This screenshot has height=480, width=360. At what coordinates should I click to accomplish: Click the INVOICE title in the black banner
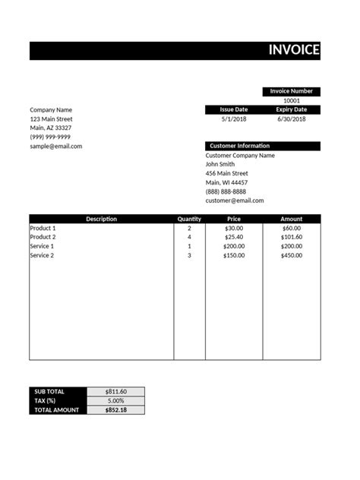(294, 51)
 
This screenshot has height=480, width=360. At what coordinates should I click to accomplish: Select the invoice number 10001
(292, 100)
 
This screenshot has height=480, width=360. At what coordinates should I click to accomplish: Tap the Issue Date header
(234, 109)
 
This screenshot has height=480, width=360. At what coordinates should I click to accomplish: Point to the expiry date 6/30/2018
(292, 119)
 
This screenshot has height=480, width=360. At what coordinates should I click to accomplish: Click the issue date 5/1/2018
(234, 119)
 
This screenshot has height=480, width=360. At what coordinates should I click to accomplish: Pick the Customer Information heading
(239, 146)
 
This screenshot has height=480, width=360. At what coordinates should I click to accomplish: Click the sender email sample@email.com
(56, 146)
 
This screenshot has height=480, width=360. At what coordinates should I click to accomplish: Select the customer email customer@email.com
(235, 201)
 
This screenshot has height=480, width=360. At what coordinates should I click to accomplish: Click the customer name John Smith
(220, 164)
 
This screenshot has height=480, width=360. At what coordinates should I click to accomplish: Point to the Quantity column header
(189, 219)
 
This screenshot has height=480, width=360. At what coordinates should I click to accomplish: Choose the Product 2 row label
(43, 237)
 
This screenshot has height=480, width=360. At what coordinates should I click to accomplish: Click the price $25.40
(234, 237)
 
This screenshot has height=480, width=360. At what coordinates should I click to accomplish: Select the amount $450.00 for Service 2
(292, 255)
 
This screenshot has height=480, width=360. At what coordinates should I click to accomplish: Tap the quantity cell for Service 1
(189, 246)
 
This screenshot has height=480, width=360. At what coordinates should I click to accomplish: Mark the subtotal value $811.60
(115, 392)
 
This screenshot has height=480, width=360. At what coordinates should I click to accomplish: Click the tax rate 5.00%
(115, 401)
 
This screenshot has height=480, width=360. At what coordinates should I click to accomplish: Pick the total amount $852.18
(115, 410)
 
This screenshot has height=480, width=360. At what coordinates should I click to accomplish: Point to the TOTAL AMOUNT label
(57, 410)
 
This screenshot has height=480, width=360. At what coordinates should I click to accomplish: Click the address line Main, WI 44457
(227, 182)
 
